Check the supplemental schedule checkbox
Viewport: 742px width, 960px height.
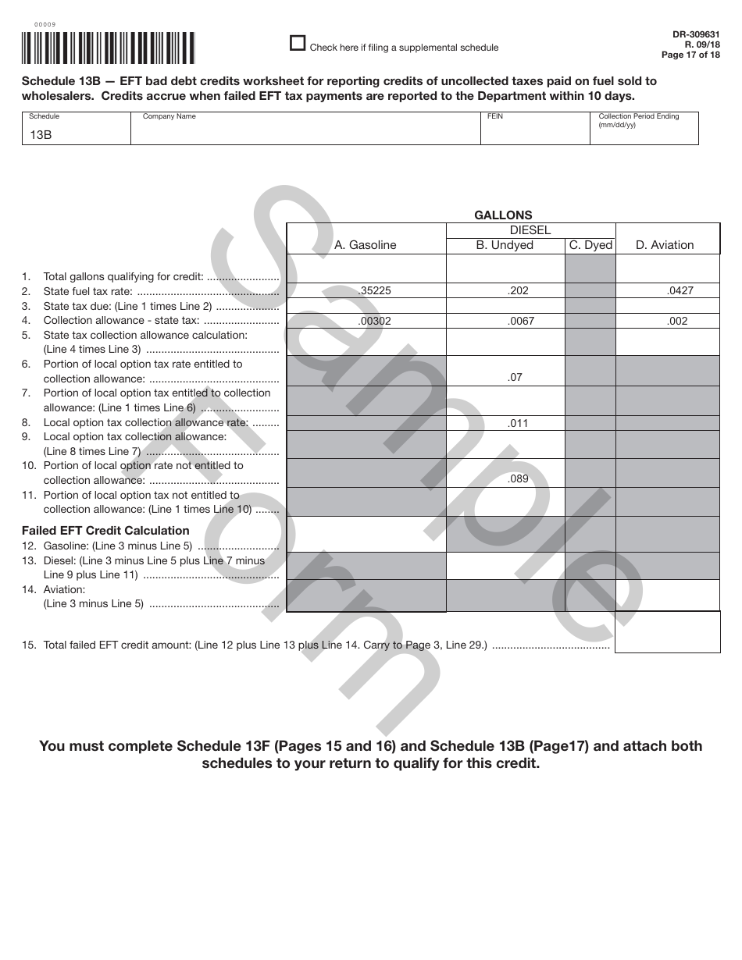click(x=298, y=44)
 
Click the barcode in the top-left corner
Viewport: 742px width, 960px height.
click(x=104, y=48)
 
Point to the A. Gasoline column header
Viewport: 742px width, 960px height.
click(x=366, y=245)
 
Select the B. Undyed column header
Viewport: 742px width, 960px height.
click(x=505, y=245)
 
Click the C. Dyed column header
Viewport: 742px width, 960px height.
click(x=590, y=245)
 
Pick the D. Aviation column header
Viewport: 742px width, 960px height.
click(x=665, y=245)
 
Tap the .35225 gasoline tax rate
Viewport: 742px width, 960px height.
click(x=375, y=290)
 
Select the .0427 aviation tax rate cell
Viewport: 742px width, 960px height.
click(x=680, y=290)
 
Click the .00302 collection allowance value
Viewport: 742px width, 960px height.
click(x=374, y=321)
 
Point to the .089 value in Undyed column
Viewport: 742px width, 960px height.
click(x=518, y=479)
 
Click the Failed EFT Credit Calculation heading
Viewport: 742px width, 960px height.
click(x=105, y=531)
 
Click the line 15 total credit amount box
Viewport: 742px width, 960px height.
click(x=667, y=632)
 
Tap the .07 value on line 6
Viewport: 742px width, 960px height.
click(x=515, y=378)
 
